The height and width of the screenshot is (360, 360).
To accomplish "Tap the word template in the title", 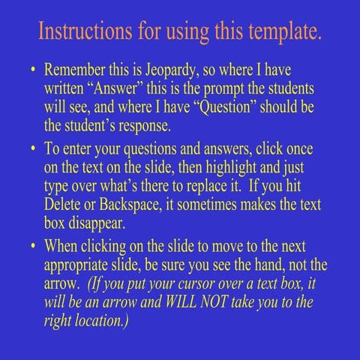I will tap(283, 32).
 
